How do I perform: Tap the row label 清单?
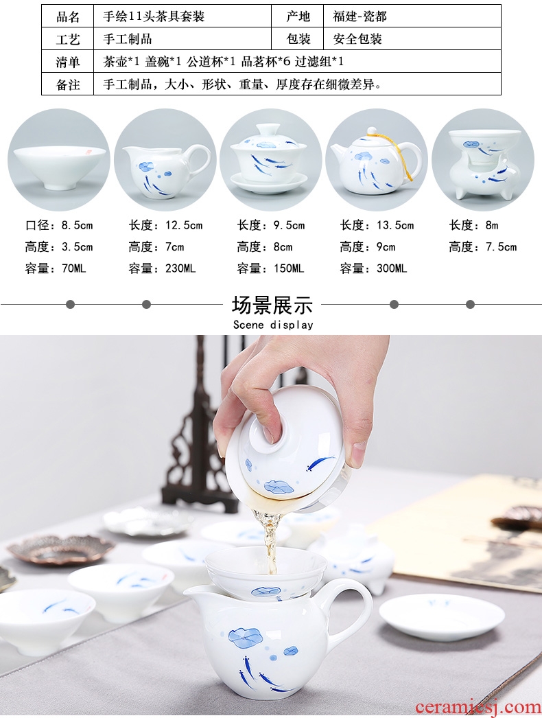68,61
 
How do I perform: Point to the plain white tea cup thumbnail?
58,159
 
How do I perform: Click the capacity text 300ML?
391,268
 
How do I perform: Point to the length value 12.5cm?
184,225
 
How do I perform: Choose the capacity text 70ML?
73,268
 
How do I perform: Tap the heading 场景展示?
272,305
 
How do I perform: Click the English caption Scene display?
273,325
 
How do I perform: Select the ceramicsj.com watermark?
478,708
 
